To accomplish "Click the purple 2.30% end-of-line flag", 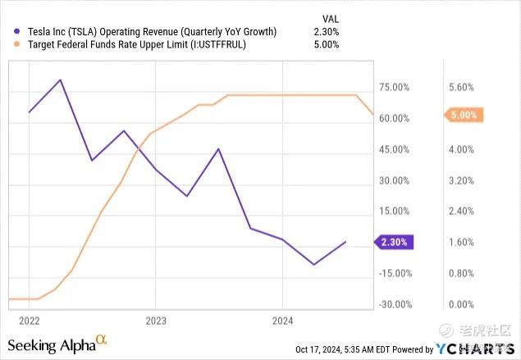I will point(395,242).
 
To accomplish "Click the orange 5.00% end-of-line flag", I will point(464,116).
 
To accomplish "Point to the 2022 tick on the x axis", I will point(30,320).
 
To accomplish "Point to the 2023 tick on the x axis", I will point(156,320).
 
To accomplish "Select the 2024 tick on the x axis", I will point(281,320).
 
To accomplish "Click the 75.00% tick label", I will point(394,87).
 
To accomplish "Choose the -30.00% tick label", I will point(392,304).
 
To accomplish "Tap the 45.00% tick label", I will point(394,149).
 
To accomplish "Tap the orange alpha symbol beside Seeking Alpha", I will point(102,339).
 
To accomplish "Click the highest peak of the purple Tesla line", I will point(61,80).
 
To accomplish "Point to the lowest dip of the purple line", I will point(313,264).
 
